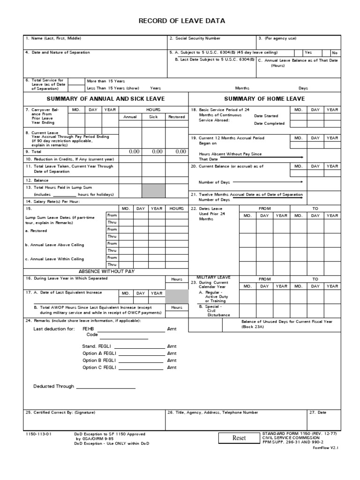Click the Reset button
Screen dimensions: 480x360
tap(239, 438)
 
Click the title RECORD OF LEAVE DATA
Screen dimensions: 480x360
tap(181, 21)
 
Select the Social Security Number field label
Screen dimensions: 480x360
tap(195, 38)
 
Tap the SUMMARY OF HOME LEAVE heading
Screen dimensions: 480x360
tap(264, 99)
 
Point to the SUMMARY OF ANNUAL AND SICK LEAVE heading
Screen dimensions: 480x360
tap(105, 99)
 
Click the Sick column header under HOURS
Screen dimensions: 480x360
tap(153, 117)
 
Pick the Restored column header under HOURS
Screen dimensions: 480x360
tap(176, 117)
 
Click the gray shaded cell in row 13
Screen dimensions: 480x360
tap(153, 191)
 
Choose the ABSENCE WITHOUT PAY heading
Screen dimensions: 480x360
tap(106, 271)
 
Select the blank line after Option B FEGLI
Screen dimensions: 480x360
tap(139, 361)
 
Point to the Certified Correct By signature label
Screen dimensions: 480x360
tap(60, 412)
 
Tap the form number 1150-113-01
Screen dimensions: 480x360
tap(38, 434)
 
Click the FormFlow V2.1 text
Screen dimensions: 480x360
tap(325, 448)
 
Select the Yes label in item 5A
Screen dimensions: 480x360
tap(308, 52)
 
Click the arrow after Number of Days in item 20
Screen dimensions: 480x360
tap(268, 181)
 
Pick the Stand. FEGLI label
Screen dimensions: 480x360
tap(96, 346)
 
